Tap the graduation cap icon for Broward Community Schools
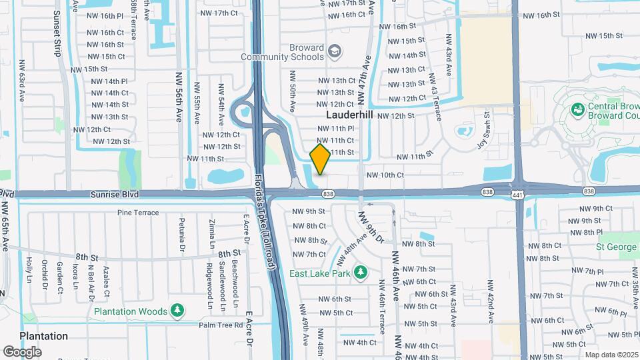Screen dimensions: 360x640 (x=334, y=51)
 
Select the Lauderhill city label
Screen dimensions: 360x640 (x=350, y=115)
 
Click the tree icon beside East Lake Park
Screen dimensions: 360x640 (x=361, y=272)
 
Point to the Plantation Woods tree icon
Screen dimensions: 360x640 (x=177, y=311)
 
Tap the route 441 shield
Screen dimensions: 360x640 (x=518, y=194)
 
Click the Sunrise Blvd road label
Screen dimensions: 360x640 (x=117, y=193)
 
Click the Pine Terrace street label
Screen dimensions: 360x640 (x=138, y=213)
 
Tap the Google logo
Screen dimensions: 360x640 (x=22, y=351)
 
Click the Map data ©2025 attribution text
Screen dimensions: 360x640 (x=611, y=355)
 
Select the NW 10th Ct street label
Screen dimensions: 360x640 (x=385, y=175)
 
